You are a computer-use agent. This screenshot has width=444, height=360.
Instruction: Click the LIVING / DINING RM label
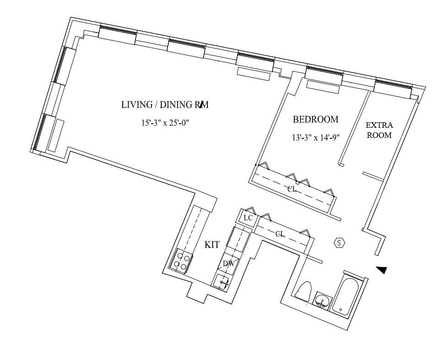pos(165,105)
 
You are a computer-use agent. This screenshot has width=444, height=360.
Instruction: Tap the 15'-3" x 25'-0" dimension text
pos(165,123)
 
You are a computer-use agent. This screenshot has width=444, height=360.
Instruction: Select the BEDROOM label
pos(316,120)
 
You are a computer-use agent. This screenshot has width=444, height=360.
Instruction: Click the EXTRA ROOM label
pos(379,130)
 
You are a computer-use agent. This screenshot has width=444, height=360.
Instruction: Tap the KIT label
pos(212,245)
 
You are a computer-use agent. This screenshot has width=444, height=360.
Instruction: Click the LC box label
pos(248,218)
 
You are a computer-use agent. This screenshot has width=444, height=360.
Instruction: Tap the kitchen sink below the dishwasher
pos(222,280)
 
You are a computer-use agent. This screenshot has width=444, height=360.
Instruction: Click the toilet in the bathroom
pos(303,290)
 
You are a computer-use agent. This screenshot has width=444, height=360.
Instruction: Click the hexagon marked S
pos(340,243)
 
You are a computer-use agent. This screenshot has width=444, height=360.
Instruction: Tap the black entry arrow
pos(381,270)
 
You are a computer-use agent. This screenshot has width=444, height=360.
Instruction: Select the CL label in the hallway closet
pos(280,234)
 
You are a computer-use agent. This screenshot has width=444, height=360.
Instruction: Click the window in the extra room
pos(393,88)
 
